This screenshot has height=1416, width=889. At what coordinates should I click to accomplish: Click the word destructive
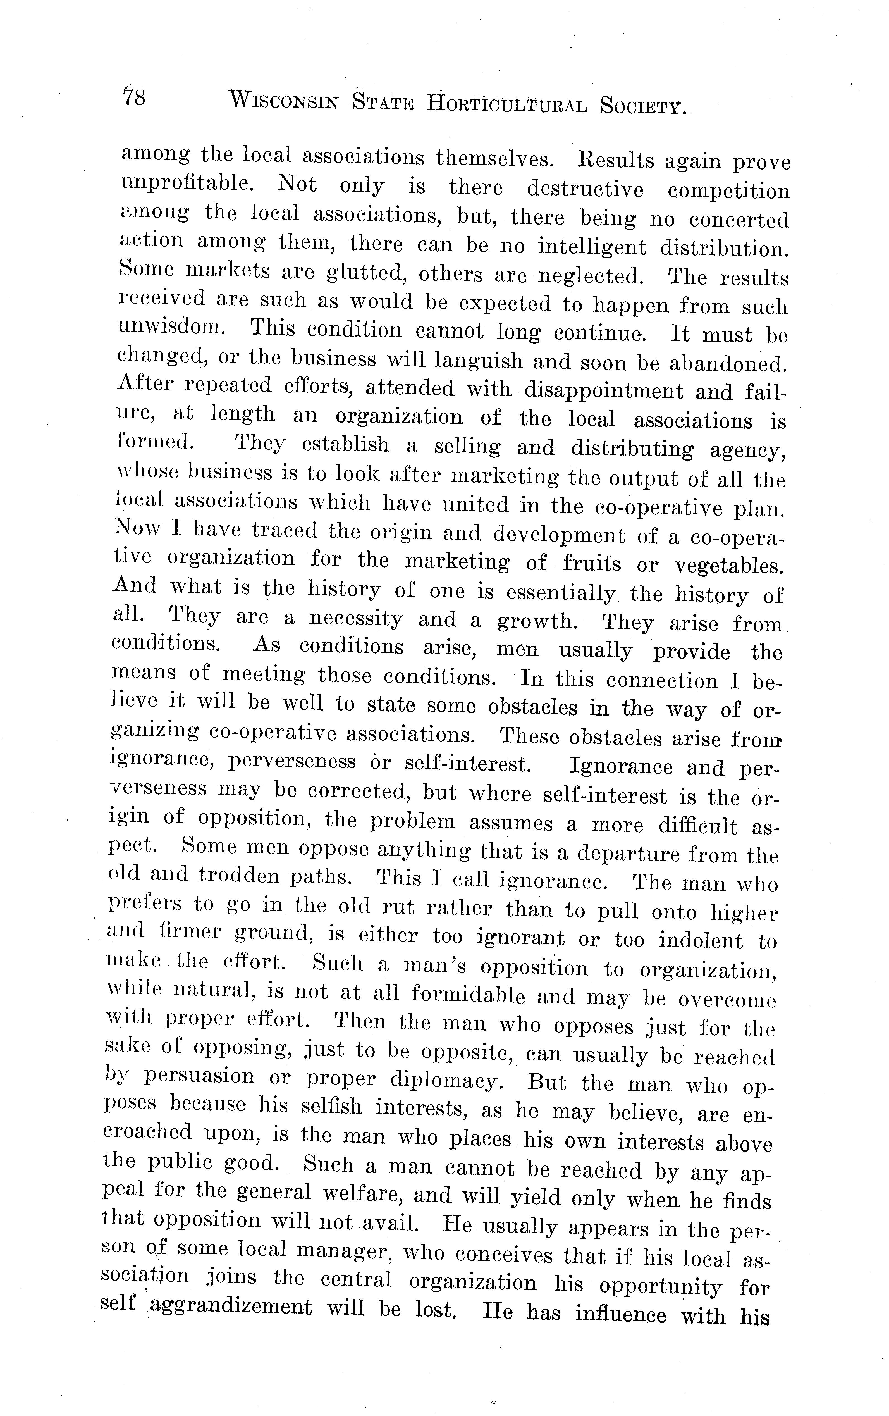click(585, 189)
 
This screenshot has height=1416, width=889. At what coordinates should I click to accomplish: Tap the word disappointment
click(601, 390)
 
